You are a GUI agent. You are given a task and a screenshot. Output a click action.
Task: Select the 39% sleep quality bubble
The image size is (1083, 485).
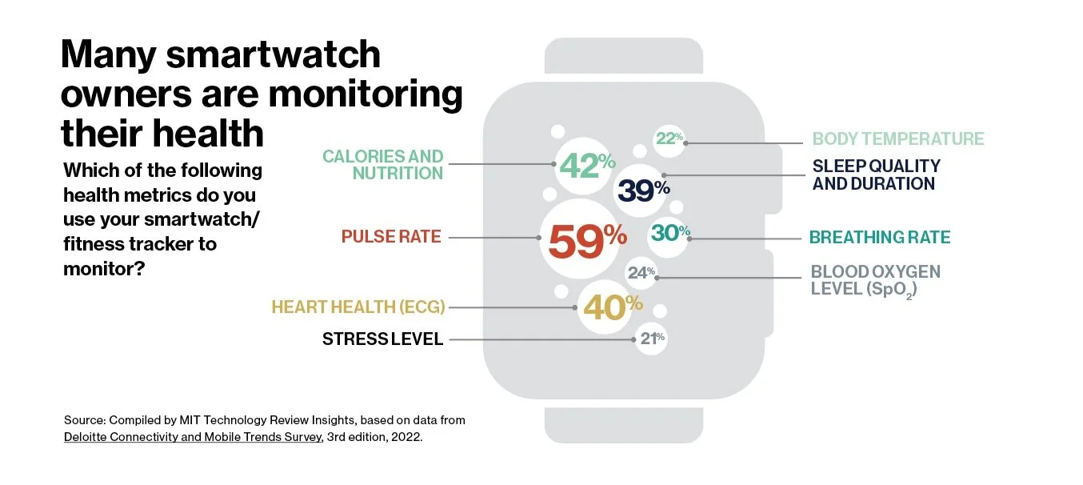coord(644,190)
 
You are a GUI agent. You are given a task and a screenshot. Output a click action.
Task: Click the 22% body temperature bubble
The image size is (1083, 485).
coord(669,138)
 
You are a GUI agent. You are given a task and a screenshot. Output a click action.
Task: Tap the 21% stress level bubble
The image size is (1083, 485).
coord(650,339)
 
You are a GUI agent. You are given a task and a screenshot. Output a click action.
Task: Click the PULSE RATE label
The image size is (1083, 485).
coord(391,237)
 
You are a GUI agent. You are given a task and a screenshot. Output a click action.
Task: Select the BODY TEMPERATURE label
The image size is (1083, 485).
coord(897,138)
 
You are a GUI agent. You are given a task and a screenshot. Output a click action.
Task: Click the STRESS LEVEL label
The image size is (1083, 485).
coord(382,339)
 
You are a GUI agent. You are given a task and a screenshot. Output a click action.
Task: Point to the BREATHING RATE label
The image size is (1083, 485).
coord(880,238)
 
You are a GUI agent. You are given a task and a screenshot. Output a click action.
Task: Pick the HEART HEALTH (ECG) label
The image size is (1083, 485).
coord(358,307)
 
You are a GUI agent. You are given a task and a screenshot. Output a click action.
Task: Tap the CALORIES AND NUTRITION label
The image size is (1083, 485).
coord(383,165)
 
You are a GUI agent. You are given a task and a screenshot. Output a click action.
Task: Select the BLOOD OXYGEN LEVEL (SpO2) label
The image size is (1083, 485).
coord(875,280)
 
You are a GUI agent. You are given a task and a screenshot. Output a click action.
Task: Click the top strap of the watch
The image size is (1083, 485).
coord(624,58)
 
